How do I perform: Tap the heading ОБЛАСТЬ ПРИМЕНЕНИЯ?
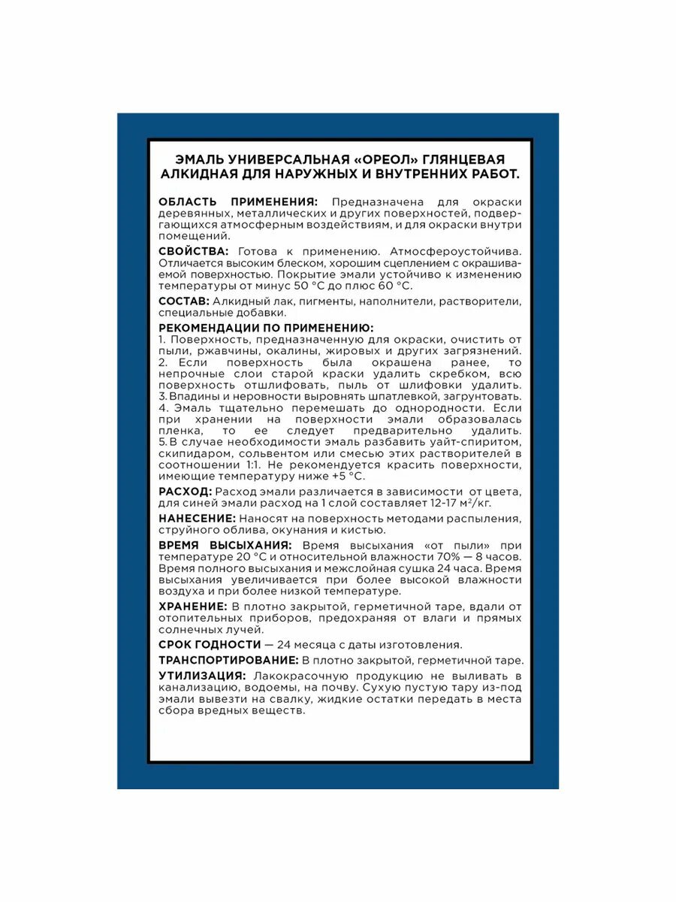point(238,202)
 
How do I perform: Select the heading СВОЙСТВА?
point(193,251)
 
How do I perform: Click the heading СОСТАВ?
point(184,301)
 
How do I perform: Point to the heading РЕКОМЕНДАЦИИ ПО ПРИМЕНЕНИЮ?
point(266,328)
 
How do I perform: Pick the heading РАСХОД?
point(185,491)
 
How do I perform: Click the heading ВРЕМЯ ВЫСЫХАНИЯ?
point(225,545)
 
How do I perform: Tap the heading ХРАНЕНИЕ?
point(192,606)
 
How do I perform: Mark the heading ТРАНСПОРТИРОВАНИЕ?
point(228,660)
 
